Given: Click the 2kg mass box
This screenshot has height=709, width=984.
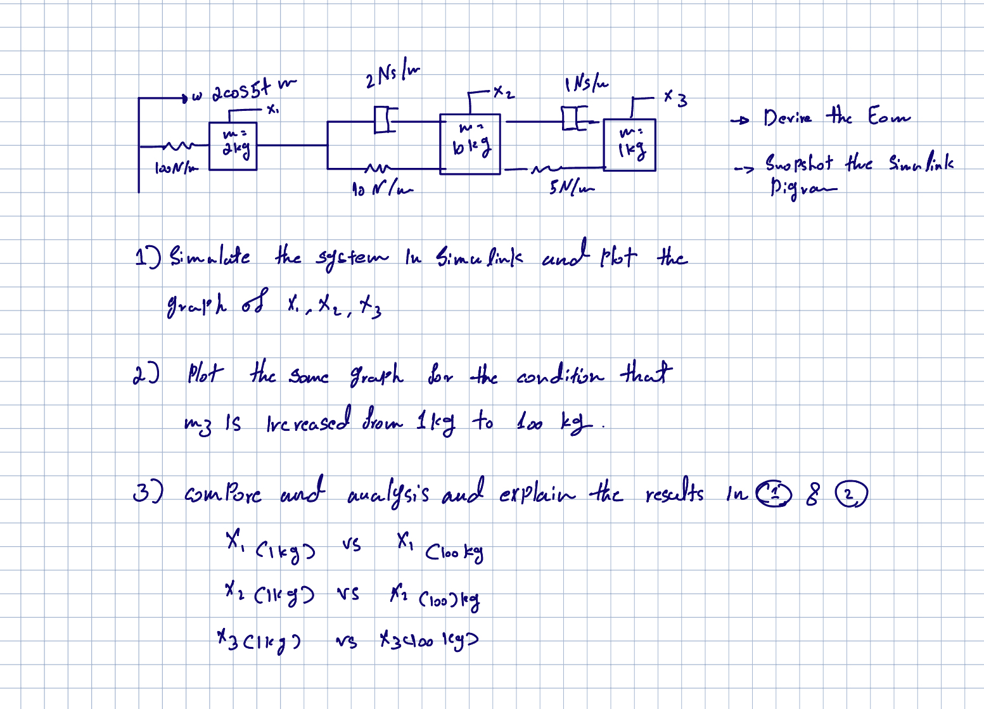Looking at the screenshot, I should click(233, 146).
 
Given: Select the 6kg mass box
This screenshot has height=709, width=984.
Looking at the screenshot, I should click(470, 144).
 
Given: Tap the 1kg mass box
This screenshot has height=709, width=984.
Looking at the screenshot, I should click(629, 145).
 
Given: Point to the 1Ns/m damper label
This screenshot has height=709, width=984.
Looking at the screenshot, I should click(586, 84).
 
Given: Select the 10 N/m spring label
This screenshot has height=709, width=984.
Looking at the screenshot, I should click(381, 188).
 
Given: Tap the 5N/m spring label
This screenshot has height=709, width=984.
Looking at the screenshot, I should click(572, 188).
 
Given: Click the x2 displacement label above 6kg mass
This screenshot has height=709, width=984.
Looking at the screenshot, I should click(504, 93).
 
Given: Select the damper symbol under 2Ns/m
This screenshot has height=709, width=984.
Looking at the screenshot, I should click(385, 118).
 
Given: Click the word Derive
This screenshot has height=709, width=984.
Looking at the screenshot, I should click(787, 118).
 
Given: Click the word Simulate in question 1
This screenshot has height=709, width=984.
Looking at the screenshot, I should click(210, 258).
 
